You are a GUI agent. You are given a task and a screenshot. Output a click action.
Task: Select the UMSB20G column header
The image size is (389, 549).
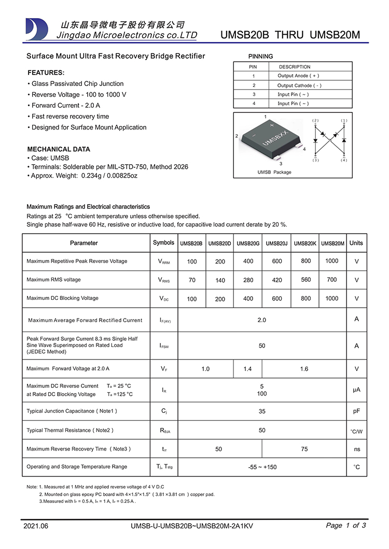tap(248, 243)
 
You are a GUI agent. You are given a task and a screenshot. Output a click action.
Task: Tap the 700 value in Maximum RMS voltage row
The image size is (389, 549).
tap(331, 280)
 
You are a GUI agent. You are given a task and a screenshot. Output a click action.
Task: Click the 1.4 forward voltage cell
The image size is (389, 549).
tap(247, 369)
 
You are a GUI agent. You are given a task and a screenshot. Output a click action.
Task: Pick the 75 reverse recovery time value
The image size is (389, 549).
tap(304, 449)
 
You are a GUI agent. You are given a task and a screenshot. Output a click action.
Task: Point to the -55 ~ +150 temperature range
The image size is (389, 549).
tap(262, 467)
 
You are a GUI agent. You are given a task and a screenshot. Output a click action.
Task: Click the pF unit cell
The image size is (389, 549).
tap(356, 411)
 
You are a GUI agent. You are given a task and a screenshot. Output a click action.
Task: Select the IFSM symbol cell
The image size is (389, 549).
tap(164, 346)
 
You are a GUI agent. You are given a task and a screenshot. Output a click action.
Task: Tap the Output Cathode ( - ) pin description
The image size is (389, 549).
tap(299, 85)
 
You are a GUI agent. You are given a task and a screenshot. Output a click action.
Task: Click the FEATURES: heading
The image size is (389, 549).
tap(46, 73)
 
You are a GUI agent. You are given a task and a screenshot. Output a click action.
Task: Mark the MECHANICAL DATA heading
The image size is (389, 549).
tap(59, 149)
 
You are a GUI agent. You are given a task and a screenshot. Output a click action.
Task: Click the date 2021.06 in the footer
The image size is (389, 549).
tap(36, 526)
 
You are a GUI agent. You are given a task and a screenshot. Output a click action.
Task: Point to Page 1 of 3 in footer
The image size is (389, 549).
tap(346, 525)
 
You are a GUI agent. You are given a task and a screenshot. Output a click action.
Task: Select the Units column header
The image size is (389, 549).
tap(356, 243)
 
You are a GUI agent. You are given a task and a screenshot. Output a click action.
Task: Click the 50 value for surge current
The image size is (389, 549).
tap(262, 345)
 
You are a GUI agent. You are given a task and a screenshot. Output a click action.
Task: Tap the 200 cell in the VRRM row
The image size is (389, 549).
tap(220, 262)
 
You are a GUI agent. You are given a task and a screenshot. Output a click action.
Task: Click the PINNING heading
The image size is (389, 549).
tap(260, 56)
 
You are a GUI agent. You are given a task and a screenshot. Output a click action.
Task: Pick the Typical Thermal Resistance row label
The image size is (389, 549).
tap(70, 430)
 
